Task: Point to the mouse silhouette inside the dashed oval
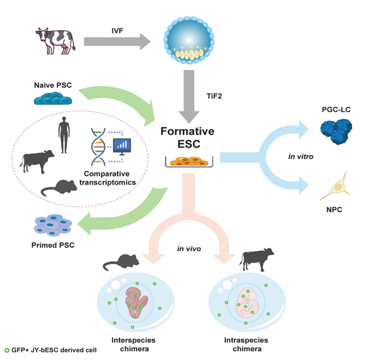59,188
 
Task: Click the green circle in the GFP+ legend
7,350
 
